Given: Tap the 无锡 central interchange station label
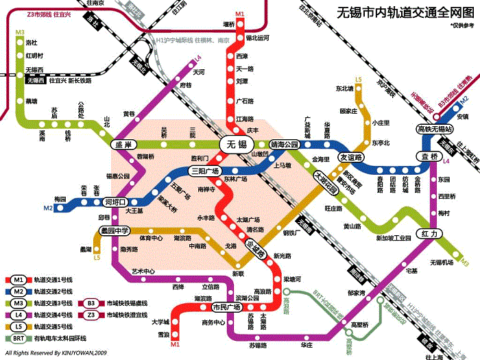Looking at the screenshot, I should pyautogui.click(x=237, y=144).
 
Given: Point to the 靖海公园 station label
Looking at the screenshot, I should pyautogui.click(x=285, y=145).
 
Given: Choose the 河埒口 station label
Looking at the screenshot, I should pyautogui.click(x=115, y=202).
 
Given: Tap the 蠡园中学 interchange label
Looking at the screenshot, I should pyautogui.click(x=115, y=231).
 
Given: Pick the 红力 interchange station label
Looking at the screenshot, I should pyautogui.click(x=429, y=234).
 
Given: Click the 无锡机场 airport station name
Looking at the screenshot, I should pyautogui.click(x=442, y=263).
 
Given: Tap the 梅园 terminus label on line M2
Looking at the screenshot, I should pyautogui.click(x=60, y=199).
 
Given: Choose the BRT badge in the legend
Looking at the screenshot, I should pyautogui.click(x=19, y=337).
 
